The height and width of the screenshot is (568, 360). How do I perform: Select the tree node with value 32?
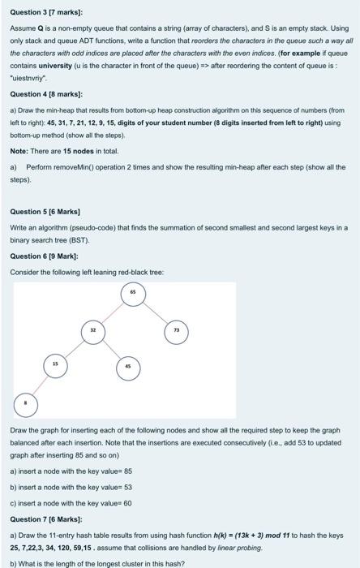[92, 330]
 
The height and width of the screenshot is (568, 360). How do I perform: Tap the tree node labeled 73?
[175, 330]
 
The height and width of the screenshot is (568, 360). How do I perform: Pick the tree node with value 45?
[128, 366]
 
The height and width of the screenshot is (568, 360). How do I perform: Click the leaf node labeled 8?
[24, 402]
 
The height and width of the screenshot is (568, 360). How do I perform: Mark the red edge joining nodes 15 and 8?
[40, 383]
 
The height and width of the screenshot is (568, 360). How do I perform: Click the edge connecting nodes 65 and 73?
[154, 312]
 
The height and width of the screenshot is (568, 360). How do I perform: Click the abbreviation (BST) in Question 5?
[70, 241]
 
